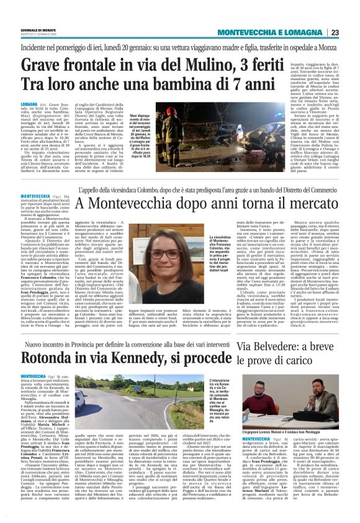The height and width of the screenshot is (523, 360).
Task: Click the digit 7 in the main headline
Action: (250, 83)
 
